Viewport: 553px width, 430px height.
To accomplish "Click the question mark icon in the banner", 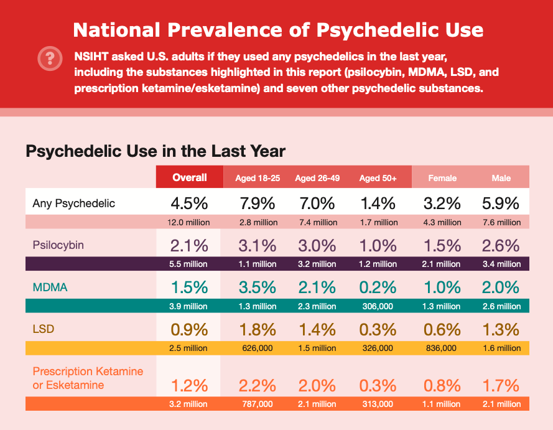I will tap(48, 58).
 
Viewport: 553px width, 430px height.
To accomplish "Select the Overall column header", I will tap(190, 177).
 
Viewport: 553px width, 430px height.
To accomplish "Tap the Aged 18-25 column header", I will tap(258, 178).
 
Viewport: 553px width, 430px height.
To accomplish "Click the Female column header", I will tap(442, 178).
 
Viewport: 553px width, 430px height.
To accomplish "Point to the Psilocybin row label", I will tap(58, 245).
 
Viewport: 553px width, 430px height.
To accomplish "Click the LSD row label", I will tap(44, 329).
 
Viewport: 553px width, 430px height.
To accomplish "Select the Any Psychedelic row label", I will tap(74, 203).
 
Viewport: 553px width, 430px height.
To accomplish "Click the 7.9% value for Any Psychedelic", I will tap(258, 203).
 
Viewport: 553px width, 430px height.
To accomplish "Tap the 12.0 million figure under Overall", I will tap(190, 222).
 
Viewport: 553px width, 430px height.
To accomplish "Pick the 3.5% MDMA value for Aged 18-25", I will tap(258, 287).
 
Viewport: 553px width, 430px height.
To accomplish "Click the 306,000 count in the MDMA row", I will tap(378, 306).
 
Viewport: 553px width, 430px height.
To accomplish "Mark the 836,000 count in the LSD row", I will tap(442, 348).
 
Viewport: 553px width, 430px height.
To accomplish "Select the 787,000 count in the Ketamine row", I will tap(258, 404).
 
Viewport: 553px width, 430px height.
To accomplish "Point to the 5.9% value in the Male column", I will tap(501, 203).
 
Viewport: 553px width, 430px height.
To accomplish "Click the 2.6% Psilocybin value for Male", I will tap(501, 245).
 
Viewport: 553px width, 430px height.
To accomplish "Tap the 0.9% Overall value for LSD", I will tap(190, 328).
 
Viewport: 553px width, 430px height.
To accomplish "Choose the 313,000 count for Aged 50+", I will tap(378, 404).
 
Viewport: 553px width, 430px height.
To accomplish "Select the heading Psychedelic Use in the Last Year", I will tap(156, 151).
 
